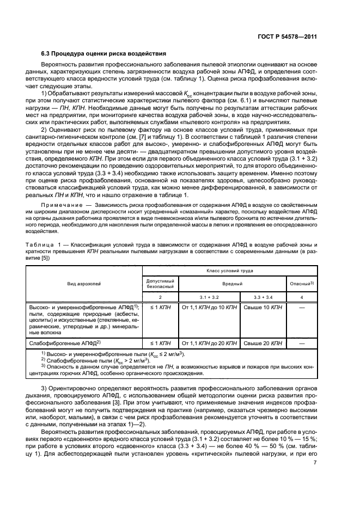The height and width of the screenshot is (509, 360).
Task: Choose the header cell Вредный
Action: click(x=232, y=284)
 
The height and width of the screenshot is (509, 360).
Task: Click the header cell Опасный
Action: click(x=301, y=284)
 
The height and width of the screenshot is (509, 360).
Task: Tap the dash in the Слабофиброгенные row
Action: click(x=302, y=344)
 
